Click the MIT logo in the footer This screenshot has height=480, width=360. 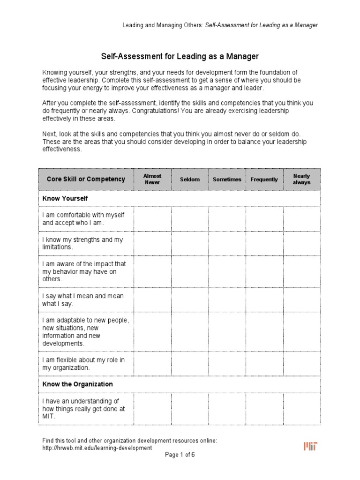pos(310,446)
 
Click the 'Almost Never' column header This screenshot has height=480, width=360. pos(152,179)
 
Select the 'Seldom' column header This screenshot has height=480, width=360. pos(190,180)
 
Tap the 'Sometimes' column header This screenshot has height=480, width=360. pos(227,180)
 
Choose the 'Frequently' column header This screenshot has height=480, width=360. pos(264,180)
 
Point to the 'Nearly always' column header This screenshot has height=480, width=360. pos(301,179)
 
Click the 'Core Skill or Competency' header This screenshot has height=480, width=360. pos(86,179)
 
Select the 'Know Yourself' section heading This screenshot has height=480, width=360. pos(65,198)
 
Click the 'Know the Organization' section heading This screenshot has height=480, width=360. pos(78,384)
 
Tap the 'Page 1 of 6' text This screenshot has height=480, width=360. pos(180,455)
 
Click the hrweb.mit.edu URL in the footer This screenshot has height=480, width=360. pos(97,448)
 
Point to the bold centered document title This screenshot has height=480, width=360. pos(180,57)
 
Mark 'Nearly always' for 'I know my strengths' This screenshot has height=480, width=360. pos(302,243)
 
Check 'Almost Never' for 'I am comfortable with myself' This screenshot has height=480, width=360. pos(152,218)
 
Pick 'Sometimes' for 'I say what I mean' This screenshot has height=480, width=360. pos(227,300)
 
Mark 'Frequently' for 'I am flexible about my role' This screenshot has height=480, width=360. pos(264,363)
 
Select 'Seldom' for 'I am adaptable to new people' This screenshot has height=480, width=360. pos(190,332)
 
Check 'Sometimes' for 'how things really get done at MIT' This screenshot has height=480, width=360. pos(227,408)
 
